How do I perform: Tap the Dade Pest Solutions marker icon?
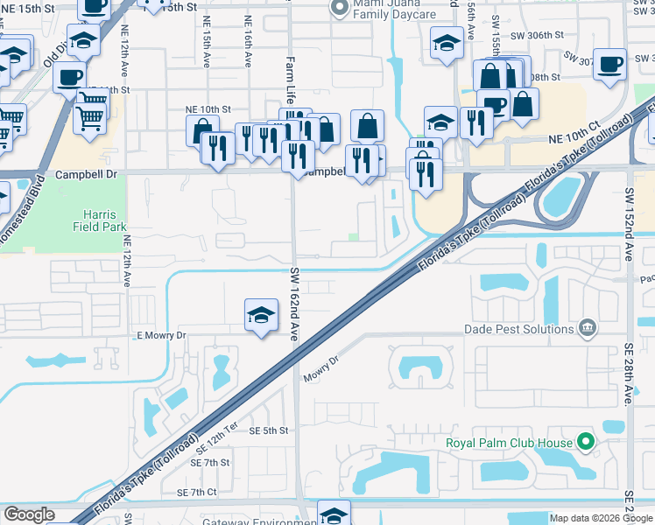pyautogui.click(x=587, y=329)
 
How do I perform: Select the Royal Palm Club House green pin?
pyautogui.click(x=587, y=442)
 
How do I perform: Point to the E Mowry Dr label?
pyautogui.click(x=162, y=335)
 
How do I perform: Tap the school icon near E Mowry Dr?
pyautogui.click(x=261, y=316)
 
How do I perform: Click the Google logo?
pyautogui.click(x=30, y=514)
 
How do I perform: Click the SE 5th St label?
pyautogui.click(x=268, y=430)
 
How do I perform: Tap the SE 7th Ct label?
pyautogui.click(x=197, y=493)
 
